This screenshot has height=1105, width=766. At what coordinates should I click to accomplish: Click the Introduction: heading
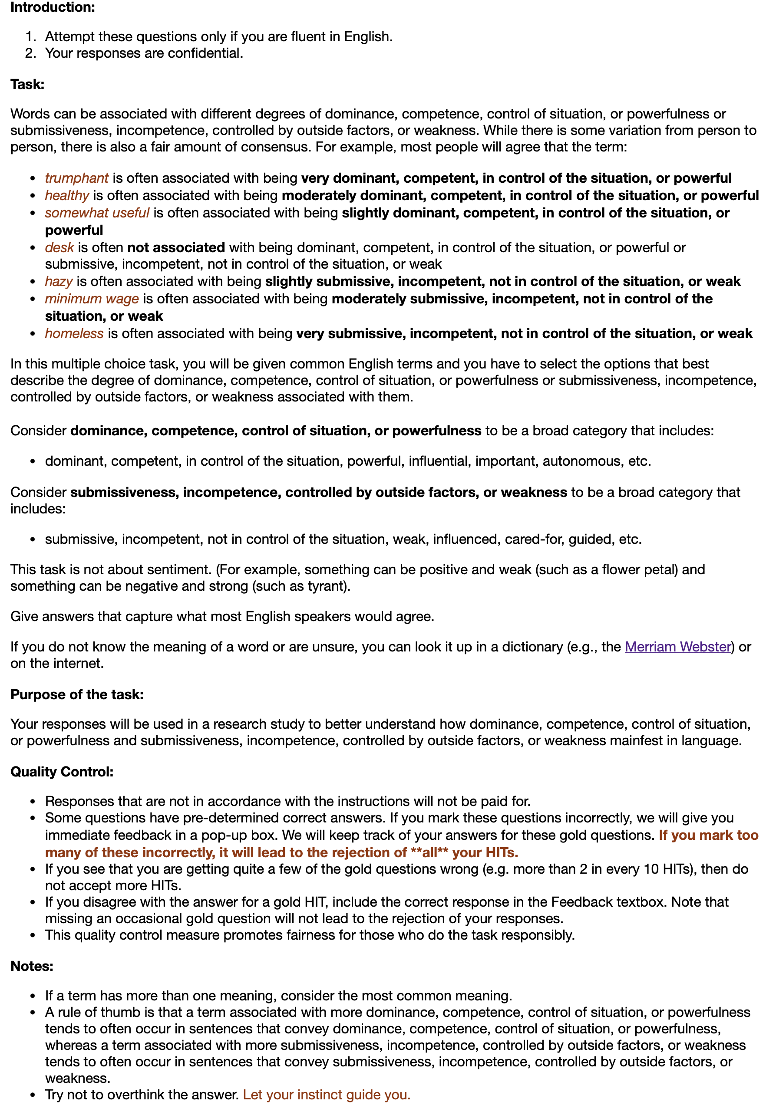53,7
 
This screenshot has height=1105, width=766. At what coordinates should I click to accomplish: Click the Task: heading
27,84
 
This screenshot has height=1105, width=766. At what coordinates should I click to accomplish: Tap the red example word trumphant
77,178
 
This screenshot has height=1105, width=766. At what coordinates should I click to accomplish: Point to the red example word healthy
67,196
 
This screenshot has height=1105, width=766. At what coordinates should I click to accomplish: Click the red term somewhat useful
97,213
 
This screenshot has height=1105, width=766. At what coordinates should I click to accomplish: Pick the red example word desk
59,247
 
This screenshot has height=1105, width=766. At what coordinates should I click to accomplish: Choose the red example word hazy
59,282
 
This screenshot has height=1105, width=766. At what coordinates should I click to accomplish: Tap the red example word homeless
74,333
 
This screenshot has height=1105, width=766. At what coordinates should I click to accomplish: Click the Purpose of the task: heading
77,694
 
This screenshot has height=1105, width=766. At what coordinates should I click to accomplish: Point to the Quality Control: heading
62,772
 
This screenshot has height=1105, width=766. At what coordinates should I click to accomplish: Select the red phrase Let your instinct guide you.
327,1095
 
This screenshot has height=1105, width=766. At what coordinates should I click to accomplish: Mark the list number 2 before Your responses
31,53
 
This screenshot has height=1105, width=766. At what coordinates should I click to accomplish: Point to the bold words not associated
176,247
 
